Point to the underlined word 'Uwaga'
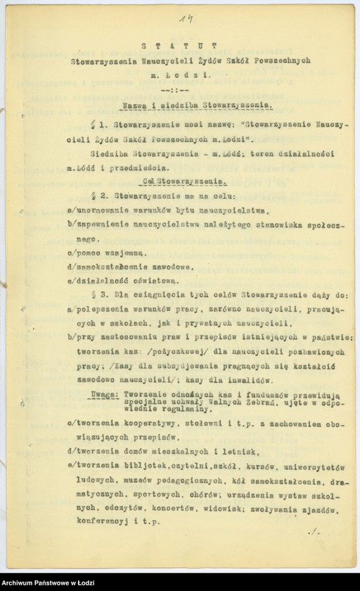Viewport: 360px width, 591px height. (x=103, y=395)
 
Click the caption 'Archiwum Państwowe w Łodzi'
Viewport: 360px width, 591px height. (x=49, y=581)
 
